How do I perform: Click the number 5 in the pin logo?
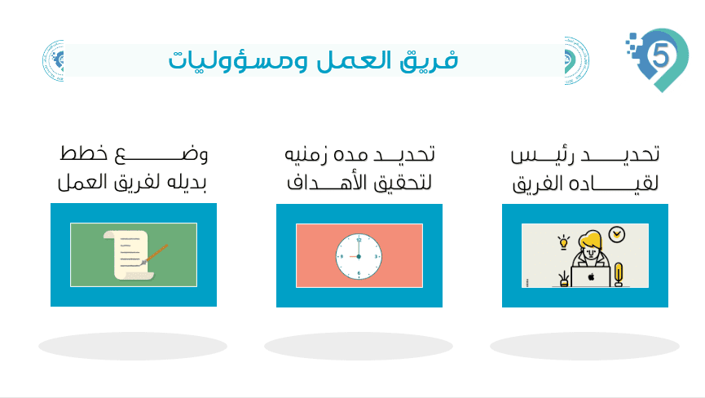pyautogui.click(x=660, y=56)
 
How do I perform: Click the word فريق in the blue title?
pyautogui.click(x=429, y=60)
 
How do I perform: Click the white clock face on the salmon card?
pyautogui.click(x=359, y=256)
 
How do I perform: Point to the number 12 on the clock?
pyautogui.click(x=359, y=240)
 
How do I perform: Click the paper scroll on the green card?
pyautogui.click(x=129, y=255)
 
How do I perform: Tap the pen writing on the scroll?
pyautogui.click(x=155, y=254)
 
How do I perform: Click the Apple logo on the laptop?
pyautogui.click(x=591, y=277)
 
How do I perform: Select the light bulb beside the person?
pyautogui.click(x=563, y=242)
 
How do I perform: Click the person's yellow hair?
pyautogui.click(x=590, y=239)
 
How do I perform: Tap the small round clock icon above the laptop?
pyautogui.click(x=617, y=234)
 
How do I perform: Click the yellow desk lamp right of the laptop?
pyautogui.click(x=619, y=275)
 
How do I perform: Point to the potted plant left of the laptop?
pyautogui.click(x=563, y=279)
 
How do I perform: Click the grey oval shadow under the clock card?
pyautogui.click(x=359, y=346)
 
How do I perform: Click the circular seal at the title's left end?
pyautogui.click(x=54, y=60)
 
